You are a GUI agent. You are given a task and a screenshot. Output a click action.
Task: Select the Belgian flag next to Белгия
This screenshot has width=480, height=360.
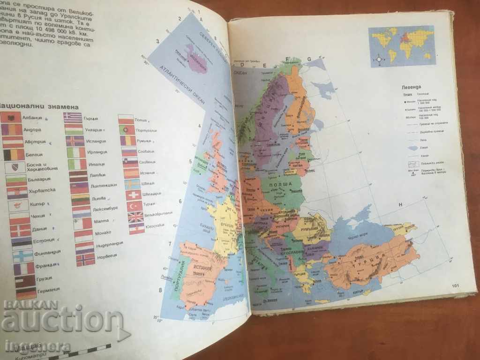coord(14,155)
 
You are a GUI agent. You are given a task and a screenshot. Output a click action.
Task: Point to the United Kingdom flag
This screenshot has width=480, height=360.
coord(136,217)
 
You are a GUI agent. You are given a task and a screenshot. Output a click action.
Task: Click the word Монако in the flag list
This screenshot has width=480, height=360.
coord(102,232)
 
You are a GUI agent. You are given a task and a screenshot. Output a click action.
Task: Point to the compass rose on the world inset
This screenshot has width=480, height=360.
coord(379,59)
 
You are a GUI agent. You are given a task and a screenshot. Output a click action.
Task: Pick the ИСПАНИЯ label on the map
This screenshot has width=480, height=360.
coord(202,270)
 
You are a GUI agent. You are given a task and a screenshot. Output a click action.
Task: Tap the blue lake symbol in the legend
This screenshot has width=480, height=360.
coord(412,148)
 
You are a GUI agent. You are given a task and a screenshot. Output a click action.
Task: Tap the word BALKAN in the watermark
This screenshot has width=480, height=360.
coord(30,304)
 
